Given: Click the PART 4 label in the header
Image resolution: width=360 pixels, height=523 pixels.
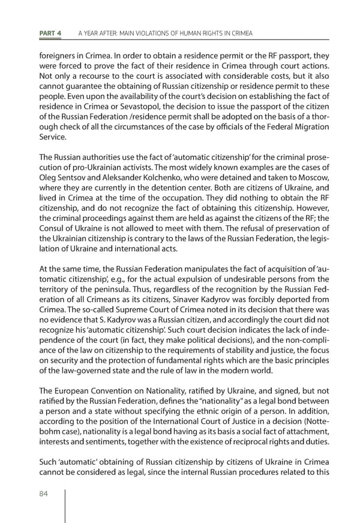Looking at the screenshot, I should click(49, 32).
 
